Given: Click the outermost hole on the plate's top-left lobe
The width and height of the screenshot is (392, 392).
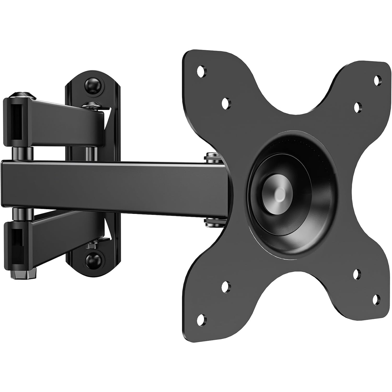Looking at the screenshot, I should point(201,70).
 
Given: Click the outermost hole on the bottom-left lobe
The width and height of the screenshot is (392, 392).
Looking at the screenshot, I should point(201,318).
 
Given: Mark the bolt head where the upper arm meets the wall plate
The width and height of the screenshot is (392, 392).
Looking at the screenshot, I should point(92,106).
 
